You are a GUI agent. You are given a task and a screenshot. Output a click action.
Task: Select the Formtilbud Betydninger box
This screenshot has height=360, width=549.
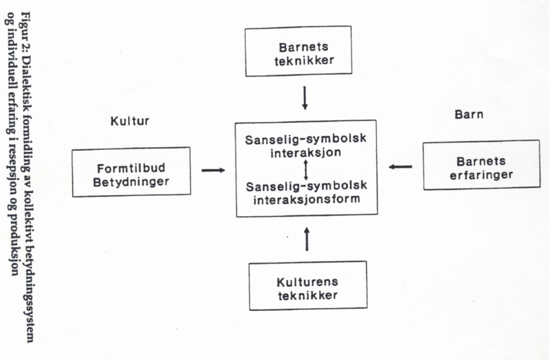(x=131, y=172)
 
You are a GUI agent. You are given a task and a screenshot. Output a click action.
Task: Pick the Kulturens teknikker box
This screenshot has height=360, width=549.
(x=307, y=285)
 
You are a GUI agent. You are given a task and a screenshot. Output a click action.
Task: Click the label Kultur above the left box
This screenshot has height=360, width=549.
(x=130, y=121)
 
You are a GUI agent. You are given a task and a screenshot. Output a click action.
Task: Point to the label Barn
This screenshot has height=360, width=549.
(x=469, y=114)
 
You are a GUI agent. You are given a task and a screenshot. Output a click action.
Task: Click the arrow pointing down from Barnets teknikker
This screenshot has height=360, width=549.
(x=305, y=97)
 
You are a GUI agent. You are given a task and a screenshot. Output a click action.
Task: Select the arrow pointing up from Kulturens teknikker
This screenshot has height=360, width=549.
(x=307, y=238)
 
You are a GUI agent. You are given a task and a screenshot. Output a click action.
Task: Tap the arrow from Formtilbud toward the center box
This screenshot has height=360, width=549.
(x=213, y=171)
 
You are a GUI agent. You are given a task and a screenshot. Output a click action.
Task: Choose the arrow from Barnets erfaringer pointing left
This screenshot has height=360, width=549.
(x=401, y=167)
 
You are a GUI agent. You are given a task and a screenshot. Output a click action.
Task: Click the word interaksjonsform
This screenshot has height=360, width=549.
(x=305, y=199)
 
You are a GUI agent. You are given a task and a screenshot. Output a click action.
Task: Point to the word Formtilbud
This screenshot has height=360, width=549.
(x=131, y=167)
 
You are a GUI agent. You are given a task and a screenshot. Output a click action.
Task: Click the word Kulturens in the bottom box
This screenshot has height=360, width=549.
(x=307, y=280)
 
